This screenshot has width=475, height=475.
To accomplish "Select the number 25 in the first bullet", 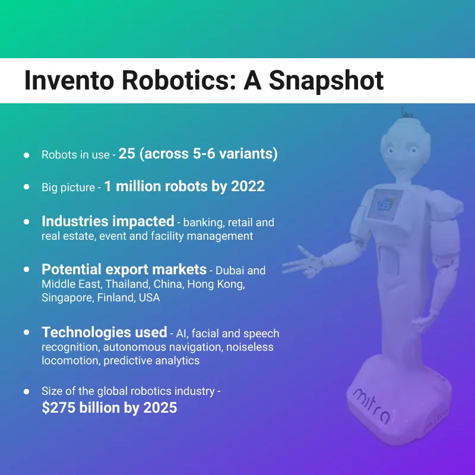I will click(127, 154).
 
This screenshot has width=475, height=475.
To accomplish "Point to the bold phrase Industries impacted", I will click(107, 221).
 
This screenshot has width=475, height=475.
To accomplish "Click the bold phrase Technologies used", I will click(104, 332).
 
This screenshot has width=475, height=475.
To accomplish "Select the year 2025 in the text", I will click(160, 408).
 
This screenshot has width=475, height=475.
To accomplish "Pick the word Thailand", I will click(126, 284).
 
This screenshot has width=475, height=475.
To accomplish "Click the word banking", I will click(202, 223).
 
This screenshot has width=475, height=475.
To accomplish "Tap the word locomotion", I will click(69, 360).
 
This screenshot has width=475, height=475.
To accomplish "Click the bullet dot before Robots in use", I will click(27, 155).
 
